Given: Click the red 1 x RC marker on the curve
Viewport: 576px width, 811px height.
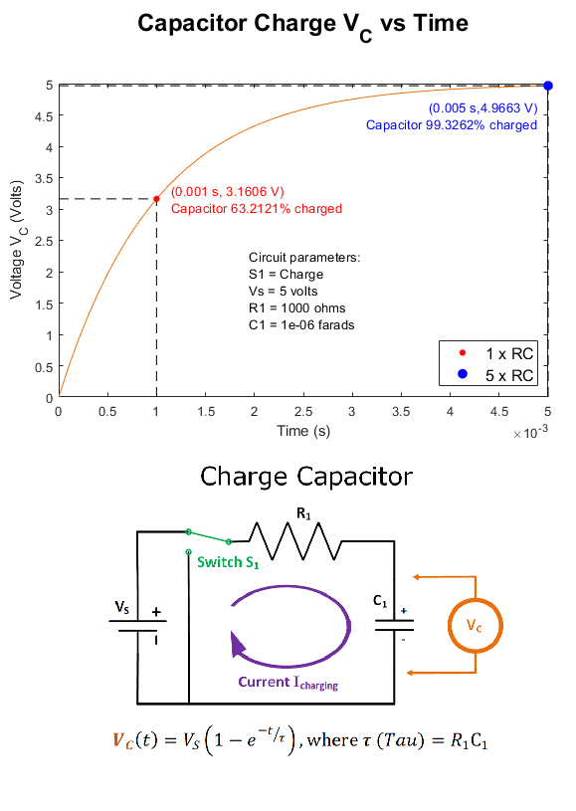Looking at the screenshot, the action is (x=156, y=199).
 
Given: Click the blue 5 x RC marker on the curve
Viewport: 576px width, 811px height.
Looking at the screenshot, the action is (x=548, y=86).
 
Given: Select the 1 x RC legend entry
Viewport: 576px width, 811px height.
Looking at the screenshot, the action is (x=495, y=354).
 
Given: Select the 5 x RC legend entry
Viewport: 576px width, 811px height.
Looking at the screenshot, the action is (x=495, y=375).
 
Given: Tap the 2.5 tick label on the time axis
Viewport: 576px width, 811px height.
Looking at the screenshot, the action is (x=303, y=412).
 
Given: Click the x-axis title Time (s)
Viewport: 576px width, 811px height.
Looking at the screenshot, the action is (x=303, y=431).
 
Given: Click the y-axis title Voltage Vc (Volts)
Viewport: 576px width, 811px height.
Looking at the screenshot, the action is (x=17, y=240).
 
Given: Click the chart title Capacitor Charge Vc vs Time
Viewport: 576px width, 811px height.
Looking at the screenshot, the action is (x=303, y=25).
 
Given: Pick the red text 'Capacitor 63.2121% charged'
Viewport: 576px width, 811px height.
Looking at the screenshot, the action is (x=257, y=209).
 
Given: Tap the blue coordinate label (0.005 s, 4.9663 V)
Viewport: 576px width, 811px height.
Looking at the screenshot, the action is (x=482, y=108).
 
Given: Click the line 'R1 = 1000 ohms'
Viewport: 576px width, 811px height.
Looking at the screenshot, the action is (x=296, y=308).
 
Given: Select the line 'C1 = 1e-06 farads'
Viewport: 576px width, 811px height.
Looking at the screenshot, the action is (x=301, y=325).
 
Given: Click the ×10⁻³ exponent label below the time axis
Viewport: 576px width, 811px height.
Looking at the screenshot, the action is (x=530, y=433).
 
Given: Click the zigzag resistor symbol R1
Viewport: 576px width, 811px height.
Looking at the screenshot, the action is (x=295, y=541).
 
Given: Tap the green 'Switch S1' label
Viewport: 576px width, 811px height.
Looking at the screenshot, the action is (x=228, y=562).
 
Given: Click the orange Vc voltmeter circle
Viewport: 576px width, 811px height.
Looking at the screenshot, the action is (x=476, y=626).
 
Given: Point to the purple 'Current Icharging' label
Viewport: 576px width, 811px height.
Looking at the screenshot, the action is (x=288, y=683).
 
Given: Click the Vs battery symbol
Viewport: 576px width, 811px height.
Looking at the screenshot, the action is (x=137, y=625).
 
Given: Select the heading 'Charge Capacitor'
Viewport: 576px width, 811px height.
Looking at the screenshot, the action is (x=306, y=477).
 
